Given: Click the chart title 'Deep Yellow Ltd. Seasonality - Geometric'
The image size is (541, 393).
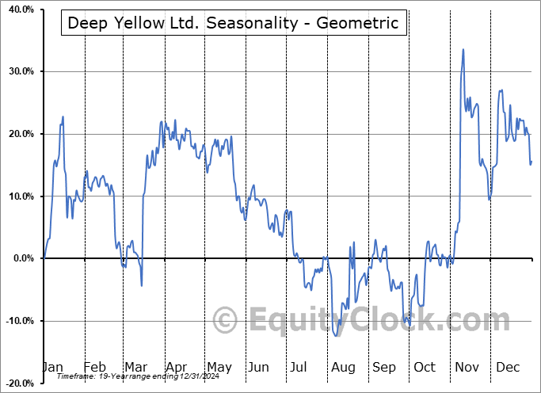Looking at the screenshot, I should (x=234, y=23).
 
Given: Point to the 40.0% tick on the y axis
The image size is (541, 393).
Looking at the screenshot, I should (x=19, y=10).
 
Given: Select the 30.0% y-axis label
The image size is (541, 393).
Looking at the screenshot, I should (x=19, y=71).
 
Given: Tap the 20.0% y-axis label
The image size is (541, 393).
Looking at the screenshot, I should (x=19, y=134).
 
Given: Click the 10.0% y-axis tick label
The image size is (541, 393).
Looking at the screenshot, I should (x=19, y=196).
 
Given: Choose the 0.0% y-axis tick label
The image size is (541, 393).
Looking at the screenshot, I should (x=21, y=258).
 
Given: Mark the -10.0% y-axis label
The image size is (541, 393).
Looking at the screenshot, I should (x=17, y=321).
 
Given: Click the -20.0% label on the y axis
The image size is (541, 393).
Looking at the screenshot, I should (x=17, y=383).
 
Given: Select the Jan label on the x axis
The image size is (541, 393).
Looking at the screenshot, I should (x=53, y=368).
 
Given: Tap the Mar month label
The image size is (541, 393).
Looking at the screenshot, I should (x=136, y=368).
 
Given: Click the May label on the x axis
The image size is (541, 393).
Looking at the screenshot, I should (x=219, y=368).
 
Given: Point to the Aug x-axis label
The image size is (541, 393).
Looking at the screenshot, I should (x=343, y=368).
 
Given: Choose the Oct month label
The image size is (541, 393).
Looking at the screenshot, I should (x=425, y=368).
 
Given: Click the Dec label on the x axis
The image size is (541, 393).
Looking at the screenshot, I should (x=508, y=368).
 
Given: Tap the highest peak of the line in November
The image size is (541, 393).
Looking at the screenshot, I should (x=463, y=49).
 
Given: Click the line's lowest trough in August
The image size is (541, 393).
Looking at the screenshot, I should (x=337, y=336).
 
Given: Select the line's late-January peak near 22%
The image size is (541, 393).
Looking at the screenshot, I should (x=63, y=116).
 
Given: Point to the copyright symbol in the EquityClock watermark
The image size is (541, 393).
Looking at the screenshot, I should (x=227, y=321).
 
